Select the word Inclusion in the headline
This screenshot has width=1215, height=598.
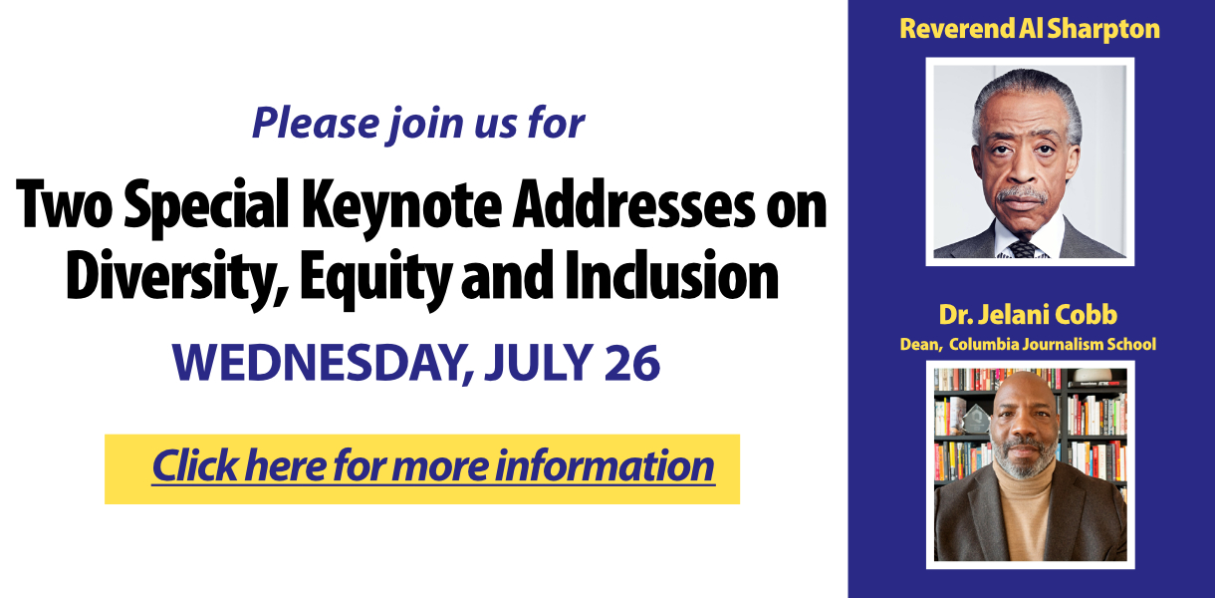(x=671, y=274)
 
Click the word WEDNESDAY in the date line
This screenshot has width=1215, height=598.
(x=323, y=363)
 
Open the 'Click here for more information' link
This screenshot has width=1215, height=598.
(x=433, y=466)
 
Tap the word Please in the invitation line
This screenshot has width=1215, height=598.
(x=316, y=124)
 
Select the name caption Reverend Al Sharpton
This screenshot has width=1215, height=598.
(x=1030, y=29)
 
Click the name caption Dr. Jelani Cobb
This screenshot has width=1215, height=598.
(x=1028, y=315)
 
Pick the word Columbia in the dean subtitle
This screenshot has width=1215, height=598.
(x=984, y=345)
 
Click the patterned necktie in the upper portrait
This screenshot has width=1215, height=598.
(x=1024, y=249)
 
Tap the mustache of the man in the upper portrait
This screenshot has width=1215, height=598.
(x=1022, y=195)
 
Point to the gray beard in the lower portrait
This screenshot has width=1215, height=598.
(x=1024, y=459)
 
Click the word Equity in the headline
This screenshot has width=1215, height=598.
(x=375, y=278)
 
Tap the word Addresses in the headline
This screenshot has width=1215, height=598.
(x=633, y=204)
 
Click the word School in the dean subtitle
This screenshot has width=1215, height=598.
(x=1134, y=345)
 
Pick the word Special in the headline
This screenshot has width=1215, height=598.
(x=206, y=208)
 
